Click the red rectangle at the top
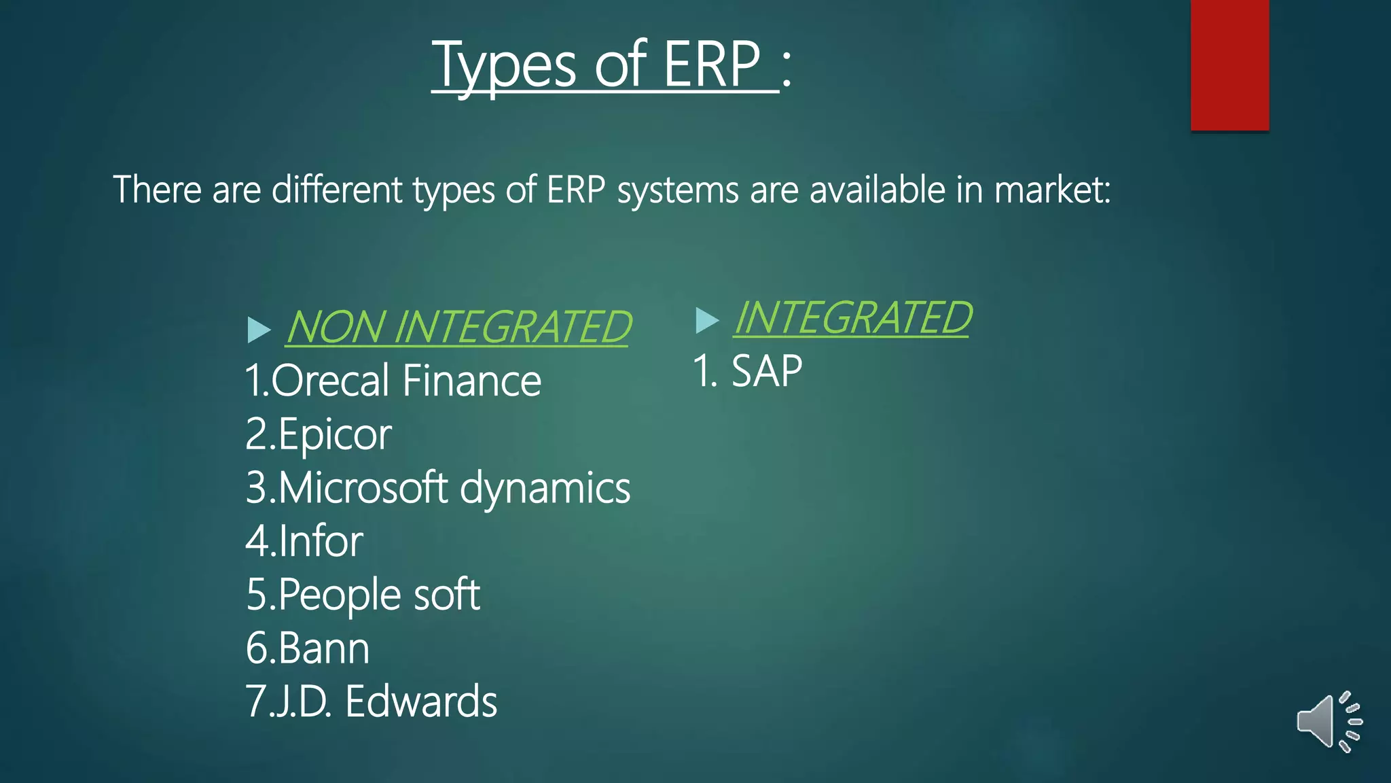tap(1229, 65)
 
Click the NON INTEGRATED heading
tap(458, 327)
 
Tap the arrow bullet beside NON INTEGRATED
tap(259, 330)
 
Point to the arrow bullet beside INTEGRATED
tap(706, 320)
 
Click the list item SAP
tap(766, 372)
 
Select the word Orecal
tap(331, 381)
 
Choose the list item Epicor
tap(334, 434)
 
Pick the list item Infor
tap(321, 542)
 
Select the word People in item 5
tap(340, 595)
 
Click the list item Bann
tap(324, 648)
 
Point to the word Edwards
tap(421, 701)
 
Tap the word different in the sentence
tap(337, 190)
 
